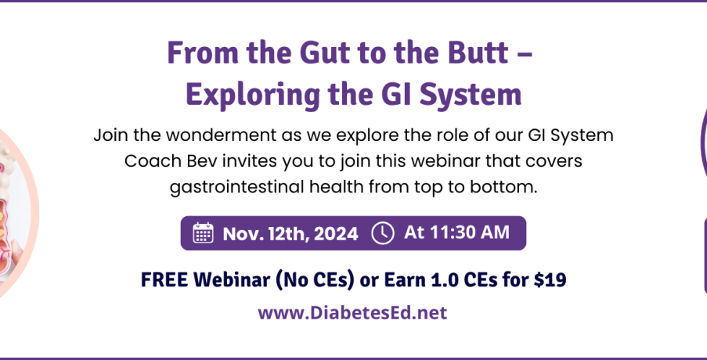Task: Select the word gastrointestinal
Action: click(x=237, y=186)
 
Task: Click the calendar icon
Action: click(x=203, y=233)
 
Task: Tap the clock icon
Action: click(x=382, y=233)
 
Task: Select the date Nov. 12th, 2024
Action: click(x=290, y=233)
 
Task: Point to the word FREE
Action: click(x=164, y=280)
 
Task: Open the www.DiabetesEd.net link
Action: click(x=352, y=312)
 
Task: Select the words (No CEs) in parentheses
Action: click(x=314, y=280)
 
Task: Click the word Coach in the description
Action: click(x=153, y=161)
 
